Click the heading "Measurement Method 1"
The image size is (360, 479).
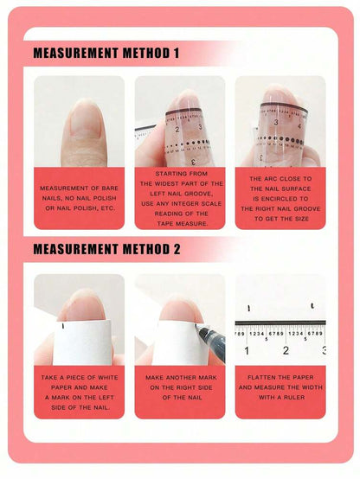click(106, 54)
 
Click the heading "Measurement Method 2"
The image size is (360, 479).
click(106, 250)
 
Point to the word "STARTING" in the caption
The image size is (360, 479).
click(179, 174)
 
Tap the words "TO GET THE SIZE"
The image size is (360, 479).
click(280, 219)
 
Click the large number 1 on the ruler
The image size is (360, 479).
click(248, 351)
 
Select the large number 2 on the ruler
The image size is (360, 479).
click(286, 351)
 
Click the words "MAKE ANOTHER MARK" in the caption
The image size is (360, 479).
click(179, 378)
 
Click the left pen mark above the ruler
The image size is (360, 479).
click(249, 309)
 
